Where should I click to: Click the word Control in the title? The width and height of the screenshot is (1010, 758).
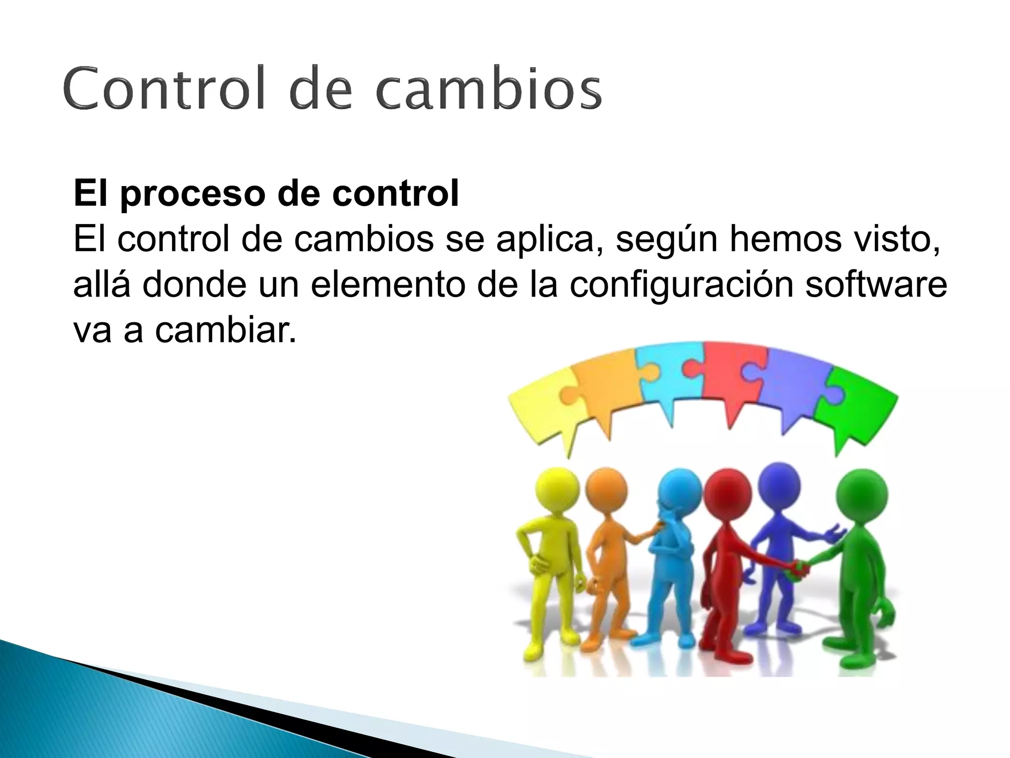pos(162,89)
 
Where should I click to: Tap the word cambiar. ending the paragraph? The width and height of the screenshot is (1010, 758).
pos(225,330)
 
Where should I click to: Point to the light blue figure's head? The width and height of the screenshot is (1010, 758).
pos(680,491)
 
